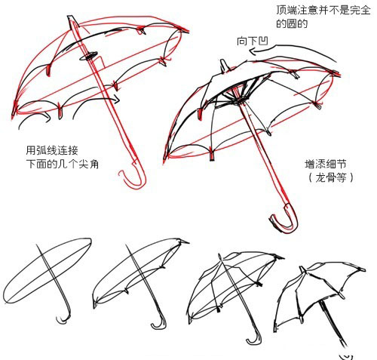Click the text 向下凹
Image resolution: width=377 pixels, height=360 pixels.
253,42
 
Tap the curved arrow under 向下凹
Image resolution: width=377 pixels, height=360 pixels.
292,47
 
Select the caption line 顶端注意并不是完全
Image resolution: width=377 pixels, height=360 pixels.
323,10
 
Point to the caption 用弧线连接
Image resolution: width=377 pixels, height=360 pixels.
52,150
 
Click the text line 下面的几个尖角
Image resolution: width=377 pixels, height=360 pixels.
62,164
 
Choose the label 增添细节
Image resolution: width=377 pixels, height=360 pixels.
326,164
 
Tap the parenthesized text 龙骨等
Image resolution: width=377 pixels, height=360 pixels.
331,177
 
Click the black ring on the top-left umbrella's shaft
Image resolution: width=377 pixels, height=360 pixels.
89,57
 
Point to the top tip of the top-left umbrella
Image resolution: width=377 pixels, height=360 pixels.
70,17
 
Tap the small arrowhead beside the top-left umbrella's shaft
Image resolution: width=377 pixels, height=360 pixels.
117,100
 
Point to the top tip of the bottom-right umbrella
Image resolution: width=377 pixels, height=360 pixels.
302,269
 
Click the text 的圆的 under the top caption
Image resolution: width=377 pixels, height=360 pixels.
292,24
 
